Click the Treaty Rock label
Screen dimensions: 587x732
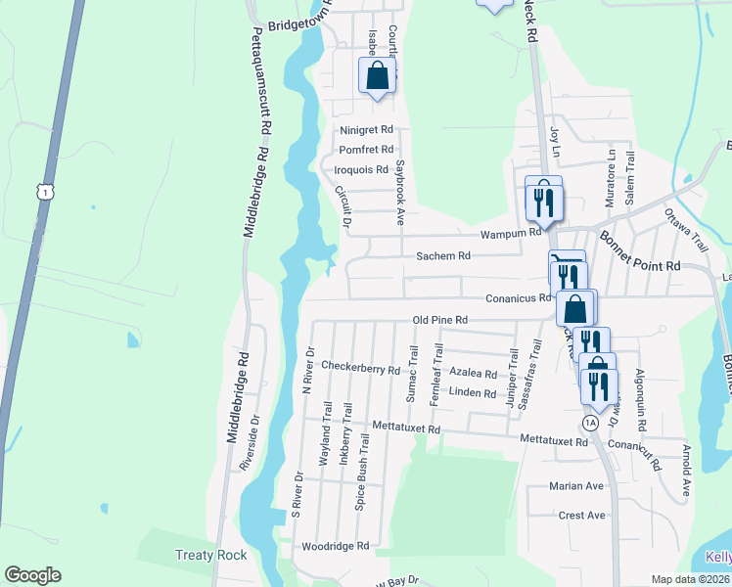click(210, 555)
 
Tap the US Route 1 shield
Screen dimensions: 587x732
click(45, 193)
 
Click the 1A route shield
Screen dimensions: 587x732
click(589, 423)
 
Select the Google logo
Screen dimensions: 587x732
click(32, 575)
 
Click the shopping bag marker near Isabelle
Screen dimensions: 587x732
click(377, 77)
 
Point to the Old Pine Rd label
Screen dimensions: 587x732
click(440, 320)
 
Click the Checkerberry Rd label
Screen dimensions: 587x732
click(361, 370)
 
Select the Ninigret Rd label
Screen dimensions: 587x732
click(366, 129)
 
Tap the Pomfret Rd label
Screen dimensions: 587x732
click(365, 150)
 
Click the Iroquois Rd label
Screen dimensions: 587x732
click(361, 169)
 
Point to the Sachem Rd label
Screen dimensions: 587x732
click(444, 255)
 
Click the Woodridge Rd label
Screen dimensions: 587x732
click(335, 546)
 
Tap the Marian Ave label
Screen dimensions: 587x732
click(576, 485)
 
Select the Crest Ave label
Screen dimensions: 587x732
click(581, 515)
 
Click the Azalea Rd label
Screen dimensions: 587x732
click(474, 373)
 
